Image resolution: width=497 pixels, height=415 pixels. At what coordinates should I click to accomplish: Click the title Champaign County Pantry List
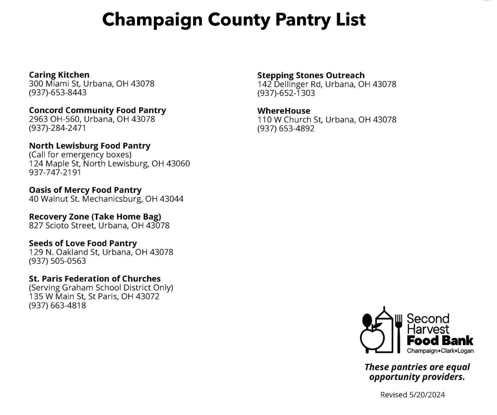(234, 19)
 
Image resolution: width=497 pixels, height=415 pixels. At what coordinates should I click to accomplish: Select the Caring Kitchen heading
(59, 75)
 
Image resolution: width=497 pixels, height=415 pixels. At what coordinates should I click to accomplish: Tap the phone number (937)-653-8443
(57, 92)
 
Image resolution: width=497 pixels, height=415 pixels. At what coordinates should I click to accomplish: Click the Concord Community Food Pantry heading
(97, 110)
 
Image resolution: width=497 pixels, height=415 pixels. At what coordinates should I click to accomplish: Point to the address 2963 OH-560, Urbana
(92, 119)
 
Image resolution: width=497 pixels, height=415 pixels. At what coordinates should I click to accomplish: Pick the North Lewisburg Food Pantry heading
(90, 145)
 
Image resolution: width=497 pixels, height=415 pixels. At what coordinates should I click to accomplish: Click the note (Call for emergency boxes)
(80, 155)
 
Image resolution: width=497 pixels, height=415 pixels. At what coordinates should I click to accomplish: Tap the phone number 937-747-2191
(55, 172)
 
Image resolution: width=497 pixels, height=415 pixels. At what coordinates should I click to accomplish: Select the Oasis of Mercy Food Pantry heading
(85, 190)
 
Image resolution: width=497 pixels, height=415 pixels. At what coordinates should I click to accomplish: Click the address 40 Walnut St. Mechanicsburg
(106, 199)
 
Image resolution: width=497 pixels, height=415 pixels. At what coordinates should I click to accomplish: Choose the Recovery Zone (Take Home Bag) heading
(95, 217)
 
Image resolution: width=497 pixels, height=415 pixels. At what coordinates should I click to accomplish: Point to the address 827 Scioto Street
(99, 225)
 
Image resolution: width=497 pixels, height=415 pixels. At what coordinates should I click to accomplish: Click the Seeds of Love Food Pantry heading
(83, 243)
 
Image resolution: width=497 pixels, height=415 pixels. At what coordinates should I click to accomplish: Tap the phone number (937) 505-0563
(57, 261)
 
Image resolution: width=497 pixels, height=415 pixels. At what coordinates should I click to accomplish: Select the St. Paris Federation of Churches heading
(95, 278)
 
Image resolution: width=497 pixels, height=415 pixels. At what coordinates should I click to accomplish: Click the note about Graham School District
(101, 288)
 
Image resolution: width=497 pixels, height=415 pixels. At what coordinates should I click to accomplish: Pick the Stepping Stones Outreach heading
(311, 75)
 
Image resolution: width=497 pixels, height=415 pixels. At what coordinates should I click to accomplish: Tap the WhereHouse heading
(284, 110)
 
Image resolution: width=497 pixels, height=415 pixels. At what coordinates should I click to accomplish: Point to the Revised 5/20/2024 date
(413, 395)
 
